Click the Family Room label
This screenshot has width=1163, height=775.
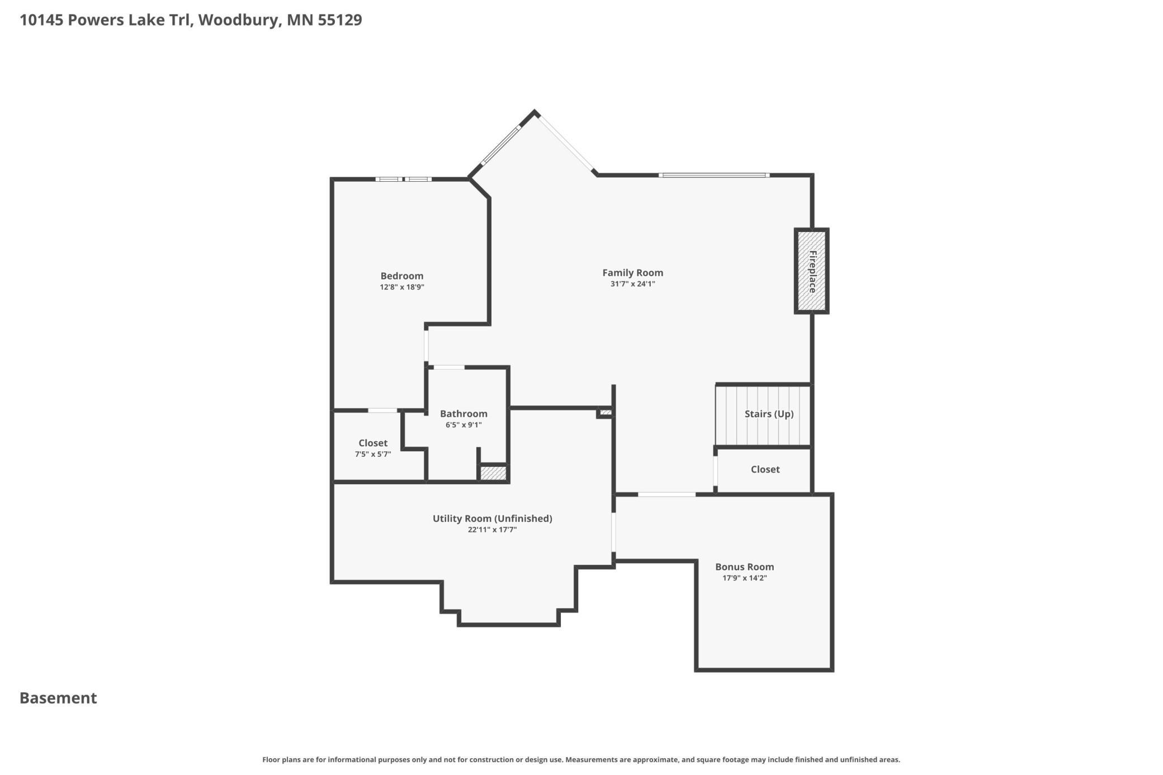[x=632, y=273]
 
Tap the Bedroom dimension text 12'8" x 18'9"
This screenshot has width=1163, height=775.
[x=402, y=287]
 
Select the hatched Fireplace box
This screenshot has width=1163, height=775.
[x=811, y=271]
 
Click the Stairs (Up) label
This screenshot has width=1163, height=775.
[x=769, y=414]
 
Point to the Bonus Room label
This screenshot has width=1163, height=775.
[x=744, y=567]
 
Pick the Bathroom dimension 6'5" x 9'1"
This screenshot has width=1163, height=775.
[x=464, y=425]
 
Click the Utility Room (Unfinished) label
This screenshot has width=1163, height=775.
[x=492, y=519]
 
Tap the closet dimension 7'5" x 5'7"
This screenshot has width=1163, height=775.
[x=373, y=455]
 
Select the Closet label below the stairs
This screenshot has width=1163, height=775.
[x=765, y=470]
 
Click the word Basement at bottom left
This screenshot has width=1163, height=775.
[x=58, y=698]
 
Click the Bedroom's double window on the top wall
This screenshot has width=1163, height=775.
[x=403, y=179]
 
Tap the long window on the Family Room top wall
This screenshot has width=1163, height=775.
[x=714, y=176]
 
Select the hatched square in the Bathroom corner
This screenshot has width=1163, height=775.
[x=493, y=473]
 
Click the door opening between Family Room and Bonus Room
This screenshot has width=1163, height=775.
[x=667, y=494]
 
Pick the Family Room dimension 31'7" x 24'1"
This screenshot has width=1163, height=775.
[x=632, y=284]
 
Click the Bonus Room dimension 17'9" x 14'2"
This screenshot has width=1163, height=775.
[x=744, y=578]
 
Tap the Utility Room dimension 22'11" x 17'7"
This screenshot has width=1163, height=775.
[x=492, y=530]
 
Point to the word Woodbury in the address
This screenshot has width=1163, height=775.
[x=239, y=20]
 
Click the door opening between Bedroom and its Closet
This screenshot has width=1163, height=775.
[x=383, y=410]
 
